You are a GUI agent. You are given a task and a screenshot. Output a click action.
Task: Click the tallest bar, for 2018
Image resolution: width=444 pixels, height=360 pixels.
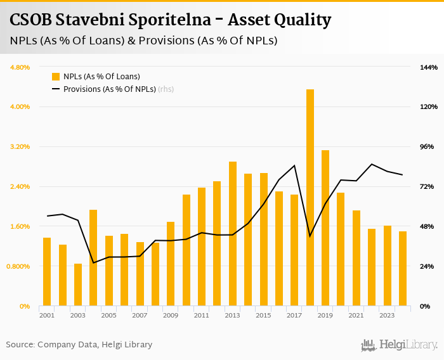(310, 198)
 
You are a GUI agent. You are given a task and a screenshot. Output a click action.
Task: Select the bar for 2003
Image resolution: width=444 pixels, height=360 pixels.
(78, 285)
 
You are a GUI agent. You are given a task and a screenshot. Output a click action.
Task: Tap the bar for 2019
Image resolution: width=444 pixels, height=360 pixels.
(325, 228)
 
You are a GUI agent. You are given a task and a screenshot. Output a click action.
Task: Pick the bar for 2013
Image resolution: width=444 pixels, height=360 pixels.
(233, 234)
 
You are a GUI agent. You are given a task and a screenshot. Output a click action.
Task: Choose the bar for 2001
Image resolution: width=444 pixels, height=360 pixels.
(47, 272)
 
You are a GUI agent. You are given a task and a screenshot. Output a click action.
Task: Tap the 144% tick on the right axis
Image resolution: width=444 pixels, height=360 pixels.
(429, 67)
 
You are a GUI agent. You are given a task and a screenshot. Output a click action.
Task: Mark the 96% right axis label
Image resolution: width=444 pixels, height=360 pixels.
(428, 146)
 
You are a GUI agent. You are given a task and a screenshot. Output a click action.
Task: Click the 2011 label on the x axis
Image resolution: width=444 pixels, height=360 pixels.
(202, 315)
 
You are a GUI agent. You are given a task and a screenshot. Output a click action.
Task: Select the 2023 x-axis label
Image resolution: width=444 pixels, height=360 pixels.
(387, 315)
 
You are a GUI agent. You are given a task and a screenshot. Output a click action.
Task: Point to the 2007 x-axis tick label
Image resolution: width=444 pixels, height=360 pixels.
(140, 315)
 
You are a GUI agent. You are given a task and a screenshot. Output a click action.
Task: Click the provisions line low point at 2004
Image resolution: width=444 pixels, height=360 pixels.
(93, 262)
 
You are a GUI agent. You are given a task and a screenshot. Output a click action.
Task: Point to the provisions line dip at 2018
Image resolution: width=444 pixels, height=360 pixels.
(310, 236)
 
